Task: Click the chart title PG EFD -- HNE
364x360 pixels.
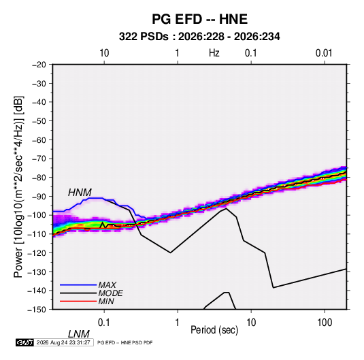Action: (199, 19)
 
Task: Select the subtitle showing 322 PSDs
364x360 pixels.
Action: (199, 37)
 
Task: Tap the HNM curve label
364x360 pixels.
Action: (80, 193)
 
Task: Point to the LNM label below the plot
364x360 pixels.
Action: (78, 334)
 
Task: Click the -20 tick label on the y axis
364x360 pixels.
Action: (39, 65)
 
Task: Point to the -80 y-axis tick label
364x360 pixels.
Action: (39, 178)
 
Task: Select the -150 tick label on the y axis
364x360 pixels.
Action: (37, 310)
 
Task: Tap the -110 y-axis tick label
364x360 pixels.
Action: (37, 234)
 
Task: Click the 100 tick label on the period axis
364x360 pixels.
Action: (324, 323)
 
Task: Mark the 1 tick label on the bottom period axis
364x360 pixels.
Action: (178, 323)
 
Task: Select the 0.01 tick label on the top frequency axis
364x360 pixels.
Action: (324, 53)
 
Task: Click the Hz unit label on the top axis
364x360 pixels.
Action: (214, 53)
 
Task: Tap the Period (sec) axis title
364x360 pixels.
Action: (214, 330)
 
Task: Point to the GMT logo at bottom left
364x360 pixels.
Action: (25, 342)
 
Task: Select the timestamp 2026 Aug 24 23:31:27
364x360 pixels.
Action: (63, 342)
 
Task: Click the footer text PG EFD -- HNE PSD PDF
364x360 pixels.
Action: (125, 342)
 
